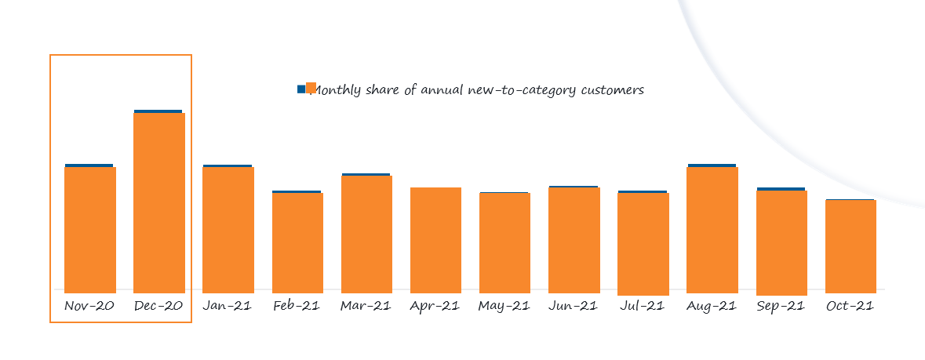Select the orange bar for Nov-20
(x=90, y=229)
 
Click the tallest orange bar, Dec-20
(x=159, y=202)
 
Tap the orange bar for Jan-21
(x=228, y=229)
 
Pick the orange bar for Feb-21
(x=297, y=242)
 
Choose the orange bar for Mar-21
(x=366, y=234)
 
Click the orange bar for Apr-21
(x=435, y=239)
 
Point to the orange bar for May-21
(x=504, y=242)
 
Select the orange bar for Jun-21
(x=574, y=239)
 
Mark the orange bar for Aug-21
(x=712, y=229)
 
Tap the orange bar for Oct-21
(x=850, y=245)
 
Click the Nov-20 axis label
(x=90, y=306)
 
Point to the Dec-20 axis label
(x=159, y=306)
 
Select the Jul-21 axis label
(x=643, y=306)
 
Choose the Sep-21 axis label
(x=781, y=306)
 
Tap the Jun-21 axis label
(x=574, y=306)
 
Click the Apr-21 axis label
(x=435, y=306)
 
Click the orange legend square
(x=311, y=88)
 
